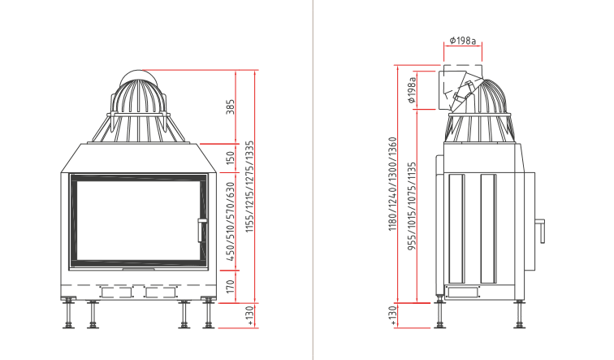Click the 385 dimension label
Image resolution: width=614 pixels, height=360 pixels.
pos(231,107)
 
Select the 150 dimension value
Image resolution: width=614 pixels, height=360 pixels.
pos(231,158)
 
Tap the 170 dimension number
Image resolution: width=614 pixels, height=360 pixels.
pos(231,286)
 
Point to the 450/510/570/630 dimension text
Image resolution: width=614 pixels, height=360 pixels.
pos(231,222)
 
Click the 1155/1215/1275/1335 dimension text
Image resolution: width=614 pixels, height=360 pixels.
pos(249,186)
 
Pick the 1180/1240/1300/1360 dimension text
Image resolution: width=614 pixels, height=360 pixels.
pos(393,184)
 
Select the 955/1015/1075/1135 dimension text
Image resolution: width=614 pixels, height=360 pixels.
pos(412,206)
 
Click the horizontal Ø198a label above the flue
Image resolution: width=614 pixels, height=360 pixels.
pos(462,41)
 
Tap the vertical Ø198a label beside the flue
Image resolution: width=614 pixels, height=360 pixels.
pos(412,89)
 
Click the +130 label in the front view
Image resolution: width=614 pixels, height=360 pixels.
pos(251,316)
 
